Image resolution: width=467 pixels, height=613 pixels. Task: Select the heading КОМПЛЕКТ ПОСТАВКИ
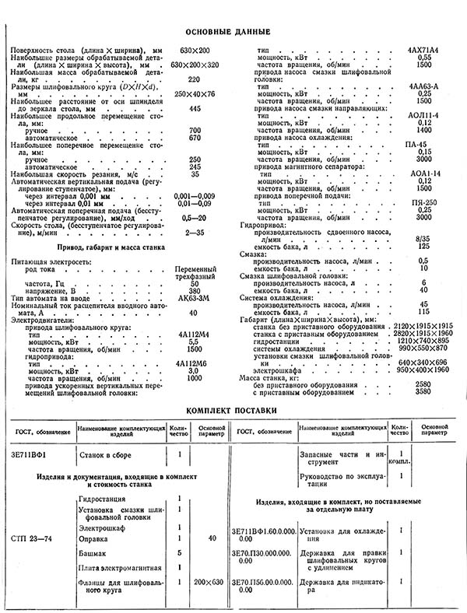[233, 408]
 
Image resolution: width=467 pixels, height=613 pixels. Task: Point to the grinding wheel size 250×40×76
[195, 93]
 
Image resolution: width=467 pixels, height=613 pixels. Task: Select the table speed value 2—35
[195, 232]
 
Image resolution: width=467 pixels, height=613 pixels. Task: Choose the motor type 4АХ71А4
[423, 51]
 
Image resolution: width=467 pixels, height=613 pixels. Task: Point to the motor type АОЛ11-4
[423, 115]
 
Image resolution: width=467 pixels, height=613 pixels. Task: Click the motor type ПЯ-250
[423, 202]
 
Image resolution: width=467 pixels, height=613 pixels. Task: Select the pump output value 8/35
[423, 239]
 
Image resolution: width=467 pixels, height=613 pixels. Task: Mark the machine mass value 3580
[423, 391]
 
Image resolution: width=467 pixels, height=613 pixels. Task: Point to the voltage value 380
[195, 290]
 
